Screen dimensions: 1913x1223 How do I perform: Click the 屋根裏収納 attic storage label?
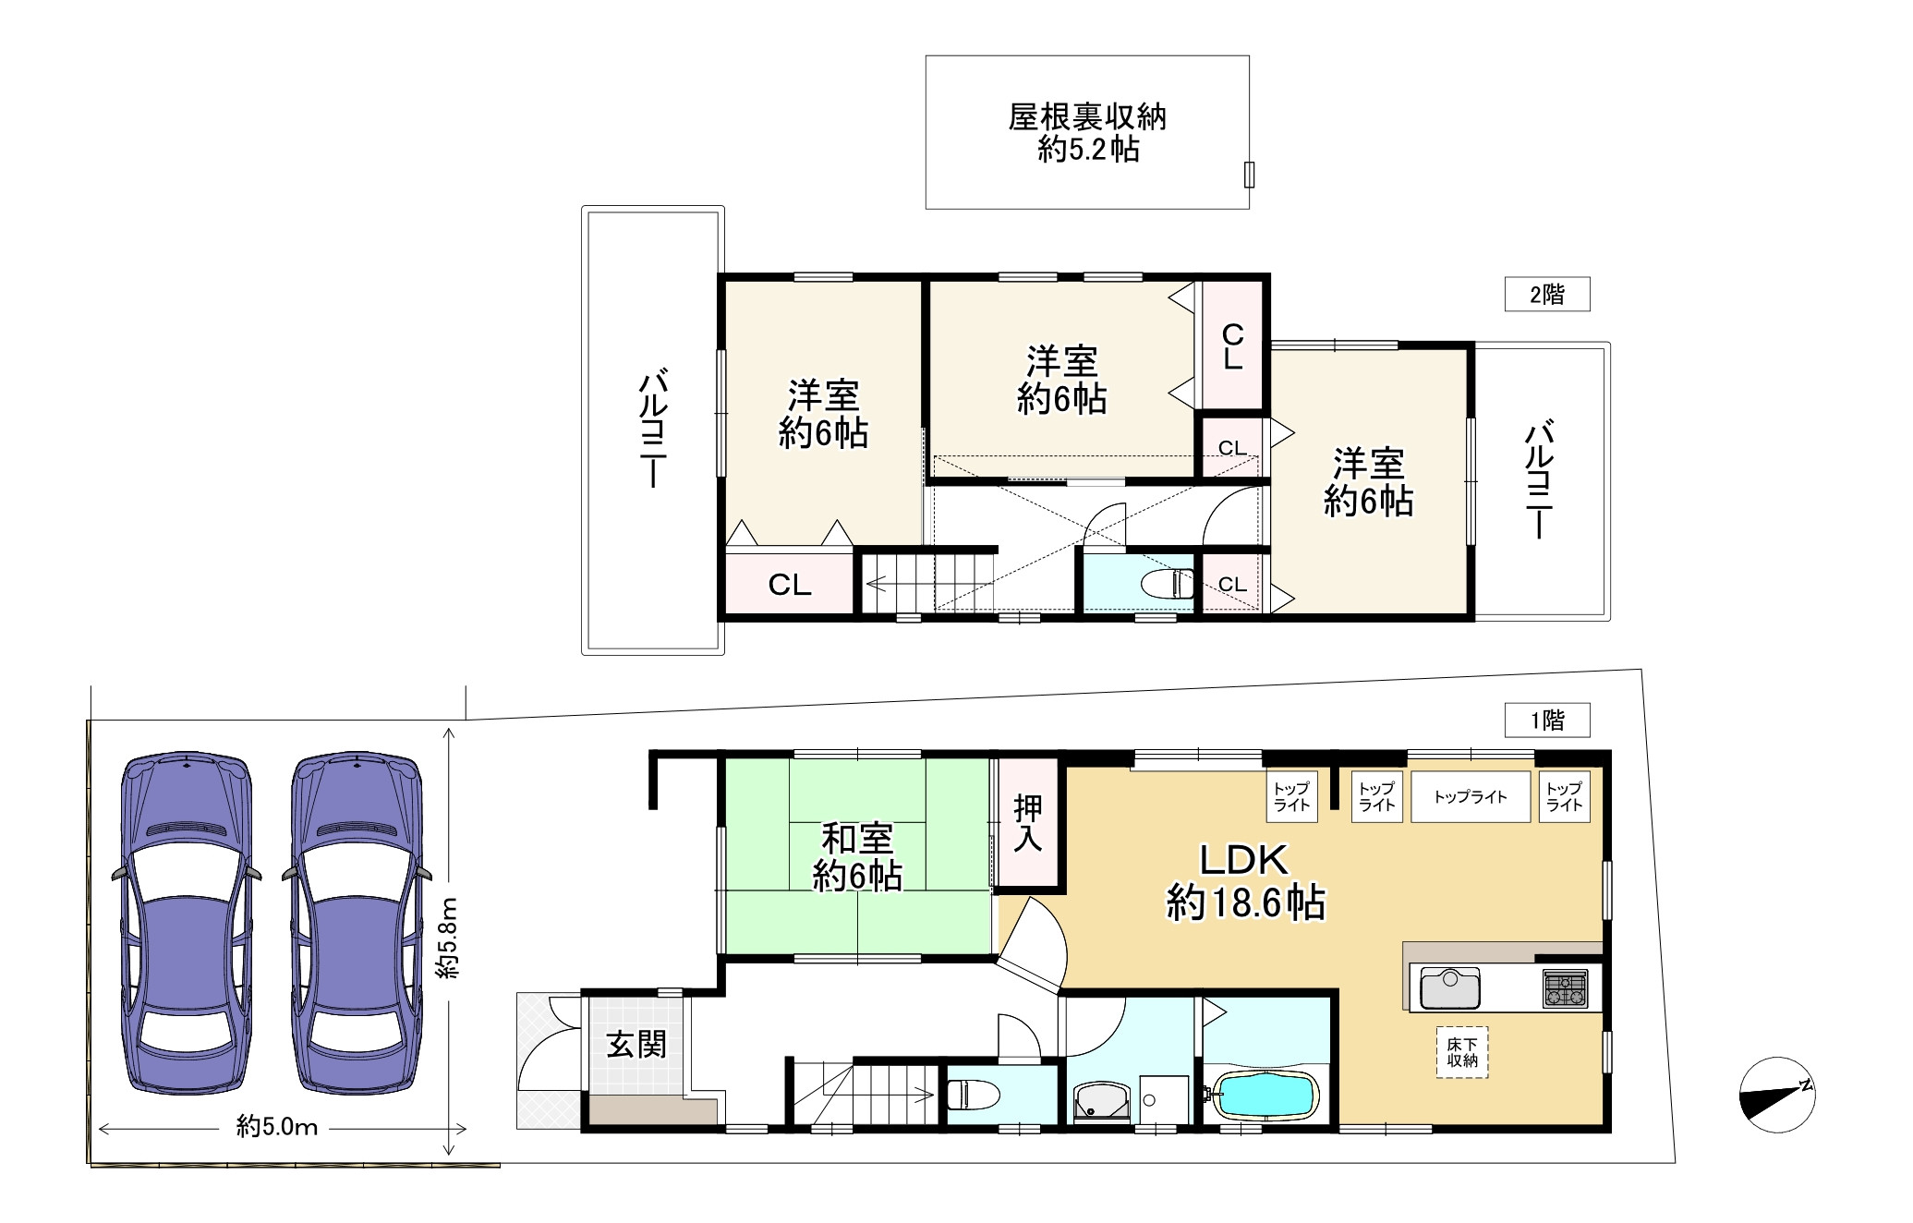coord(1087,117)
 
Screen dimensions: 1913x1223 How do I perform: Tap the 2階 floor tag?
coord(1547,295)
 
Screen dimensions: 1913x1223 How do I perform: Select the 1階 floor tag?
coord(1547,720)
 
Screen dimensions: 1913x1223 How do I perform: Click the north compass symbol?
coord(1777,1095)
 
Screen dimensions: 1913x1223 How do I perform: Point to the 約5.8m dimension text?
coord(449,938)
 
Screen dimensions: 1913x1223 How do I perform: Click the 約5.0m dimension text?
coord(277,1127)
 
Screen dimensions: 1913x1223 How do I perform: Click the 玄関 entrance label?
coord(636,1045)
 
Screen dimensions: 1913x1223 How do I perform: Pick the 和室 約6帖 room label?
coord(857,857)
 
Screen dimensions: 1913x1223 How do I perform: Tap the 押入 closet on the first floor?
coord(1028,823)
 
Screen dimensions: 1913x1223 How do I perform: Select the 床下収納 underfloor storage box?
coord(1462,1052)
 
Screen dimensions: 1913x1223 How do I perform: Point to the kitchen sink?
coord(1450,988)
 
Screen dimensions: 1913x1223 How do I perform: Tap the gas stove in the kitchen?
coord(1565,988)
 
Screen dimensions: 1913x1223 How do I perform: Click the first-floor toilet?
coord(974,1096)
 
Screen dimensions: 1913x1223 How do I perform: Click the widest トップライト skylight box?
coord(1471,796)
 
